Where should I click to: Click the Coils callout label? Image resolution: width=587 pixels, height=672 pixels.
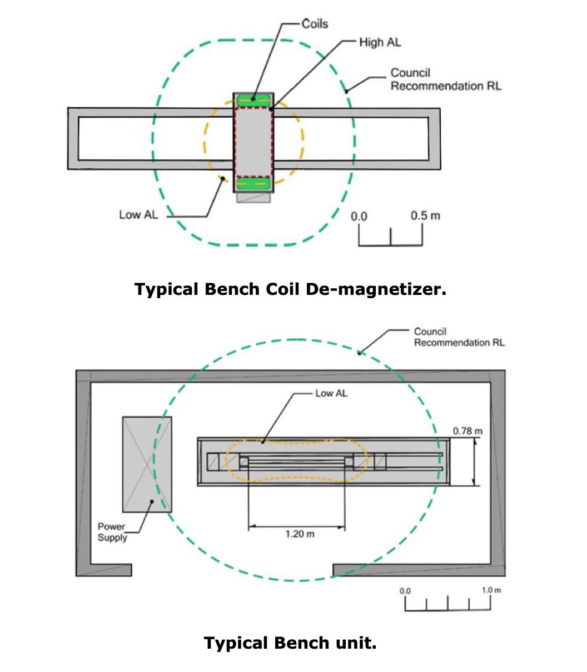coord(315,24)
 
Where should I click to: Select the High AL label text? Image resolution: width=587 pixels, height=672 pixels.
coord(380,42)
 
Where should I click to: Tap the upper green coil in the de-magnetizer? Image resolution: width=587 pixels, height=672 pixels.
coord(253,100)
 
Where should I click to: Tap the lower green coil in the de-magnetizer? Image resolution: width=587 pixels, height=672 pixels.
coord(253,183)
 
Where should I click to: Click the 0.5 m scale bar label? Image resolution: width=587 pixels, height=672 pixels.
coord(425,215)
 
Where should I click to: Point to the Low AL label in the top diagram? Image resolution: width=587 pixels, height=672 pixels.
coord(138,214)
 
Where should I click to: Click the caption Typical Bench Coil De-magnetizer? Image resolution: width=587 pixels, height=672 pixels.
coord(290,289)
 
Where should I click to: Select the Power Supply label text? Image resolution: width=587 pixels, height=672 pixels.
coord(112,532)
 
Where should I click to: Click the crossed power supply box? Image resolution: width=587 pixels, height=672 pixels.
coord(147,464)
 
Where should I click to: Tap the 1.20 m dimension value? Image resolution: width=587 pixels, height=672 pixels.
coord(300,534)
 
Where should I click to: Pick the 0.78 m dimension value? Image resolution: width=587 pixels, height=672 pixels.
coord(467,431)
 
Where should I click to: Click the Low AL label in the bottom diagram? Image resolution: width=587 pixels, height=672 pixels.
coord(331,393)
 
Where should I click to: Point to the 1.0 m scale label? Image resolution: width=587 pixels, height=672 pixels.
coord(491,590)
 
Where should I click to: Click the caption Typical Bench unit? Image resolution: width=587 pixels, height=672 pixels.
coord(290,643)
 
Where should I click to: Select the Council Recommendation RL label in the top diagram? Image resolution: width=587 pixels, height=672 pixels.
coord(445,79)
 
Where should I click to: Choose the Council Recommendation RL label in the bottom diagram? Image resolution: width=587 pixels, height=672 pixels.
coord(459,337)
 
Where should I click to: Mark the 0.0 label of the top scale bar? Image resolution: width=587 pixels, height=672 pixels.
coord(359,216)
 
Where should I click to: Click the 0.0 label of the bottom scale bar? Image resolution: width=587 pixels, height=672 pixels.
coord(405,590)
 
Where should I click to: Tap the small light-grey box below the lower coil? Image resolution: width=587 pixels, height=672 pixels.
coord(253,197)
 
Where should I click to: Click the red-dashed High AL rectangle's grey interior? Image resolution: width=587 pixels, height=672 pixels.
coord(253,141)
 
